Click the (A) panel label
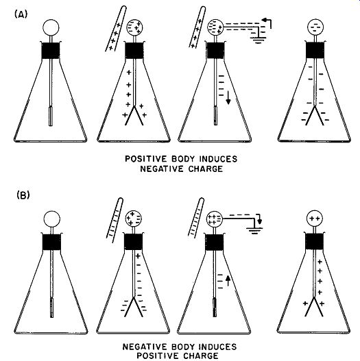pos(21,14)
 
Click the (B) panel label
pos(23,195)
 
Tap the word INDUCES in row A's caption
pos(218,159)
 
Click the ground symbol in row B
pos(254,230)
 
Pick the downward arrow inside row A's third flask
pos(228,98)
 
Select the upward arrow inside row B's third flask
pos(228,281)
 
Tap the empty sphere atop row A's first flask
pos(51,27)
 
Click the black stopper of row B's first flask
pos(51,242)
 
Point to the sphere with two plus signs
pos(315,219)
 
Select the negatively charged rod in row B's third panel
pos(196,217)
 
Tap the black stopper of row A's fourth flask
pos(315,50)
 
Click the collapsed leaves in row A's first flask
pos(51,116)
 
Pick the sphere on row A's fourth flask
pos(315,27)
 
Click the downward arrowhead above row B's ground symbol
pos(259,221)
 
